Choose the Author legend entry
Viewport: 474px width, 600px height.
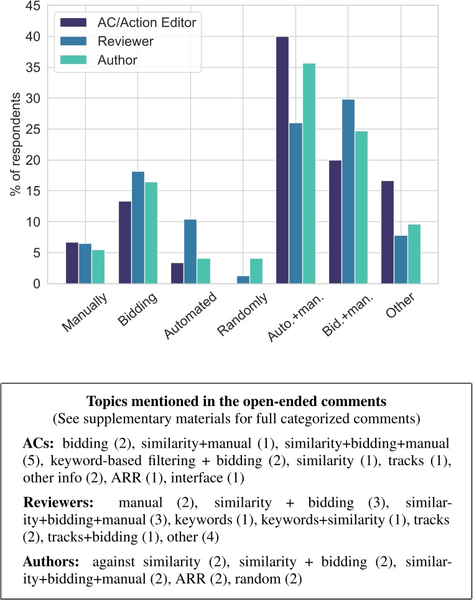coord(118,60)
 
